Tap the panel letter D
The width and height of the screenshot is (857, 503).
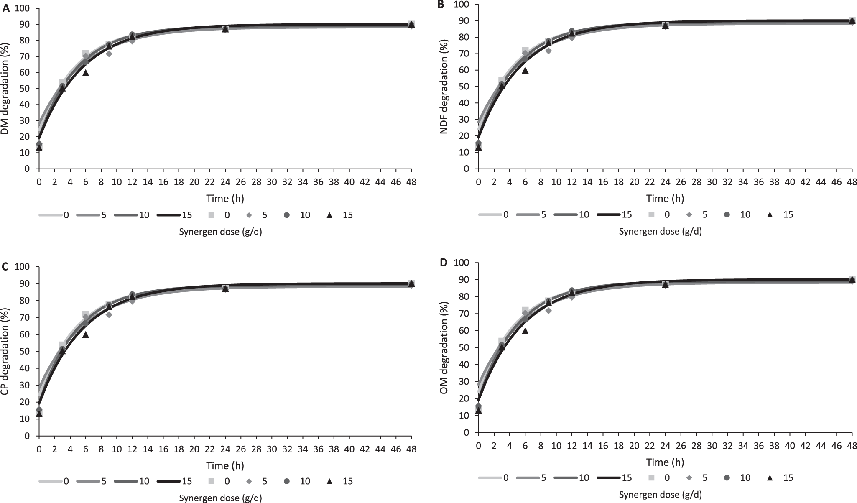tap(444, 263)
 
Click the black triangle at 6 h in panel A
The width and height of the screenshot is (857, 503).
tap(86, 73)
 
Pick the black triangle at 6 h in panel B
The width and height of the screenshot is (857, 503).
tap(525, 70)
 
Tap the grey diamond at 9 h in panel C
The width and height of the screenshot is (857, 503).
tap(109, 314)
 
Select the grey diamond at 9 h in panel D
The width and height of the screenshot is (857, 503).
tap(548, 311)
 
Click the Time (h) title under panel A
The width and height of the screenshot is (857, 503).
tap(225, 198)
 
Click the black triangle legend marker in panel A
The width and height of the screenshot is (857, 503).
tap(329, 215)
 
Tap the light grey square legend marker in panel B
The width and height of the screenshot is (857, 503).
tap(651, 214)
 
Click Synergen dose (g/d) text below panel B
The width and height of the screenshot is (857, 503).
tap(660, 231)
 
